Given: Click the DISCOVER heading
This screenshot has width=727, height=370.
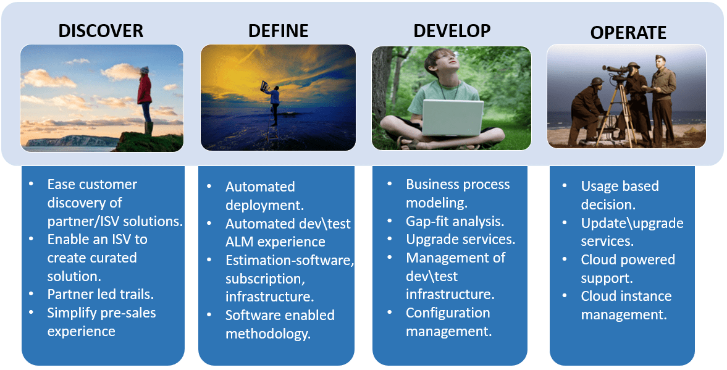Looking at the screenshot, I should point(101,31).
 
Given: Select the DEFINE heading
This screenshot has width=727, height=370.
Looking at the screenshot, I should point(278,31).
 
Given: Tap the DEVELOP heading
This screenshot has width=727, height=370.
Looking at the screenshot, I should point(452,31).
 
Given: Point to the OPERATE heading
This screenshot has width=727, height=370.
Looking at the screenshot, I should point(628,32).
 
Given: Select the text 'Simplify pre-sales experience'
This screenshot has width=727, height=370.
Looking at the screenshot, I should point(101,322).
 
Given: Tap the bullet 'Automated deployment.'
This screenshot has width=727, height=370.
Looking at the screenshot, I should point(260,196).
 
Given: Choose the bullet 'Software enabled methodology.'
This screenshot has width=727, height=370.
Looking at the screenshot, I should point(279,324).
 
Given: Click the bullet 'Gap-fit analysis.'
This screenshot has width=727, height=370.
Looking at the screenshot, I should point(455,221).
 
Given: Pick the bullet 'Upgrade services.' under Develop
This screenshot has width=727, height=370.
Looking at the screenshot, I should point(460,239).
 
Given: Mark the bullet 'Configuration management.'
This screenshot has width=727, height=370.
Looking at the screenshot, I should point(448,322).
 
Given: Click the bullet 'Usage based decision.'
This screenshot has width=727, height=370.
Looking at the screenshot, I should point(620,195).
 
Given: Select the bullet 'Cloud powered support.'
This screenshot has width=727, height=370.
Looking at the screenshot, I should point(628,269).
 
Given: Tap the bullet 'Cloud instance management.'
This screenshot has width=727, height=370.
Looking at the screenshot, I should point(626,305).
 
